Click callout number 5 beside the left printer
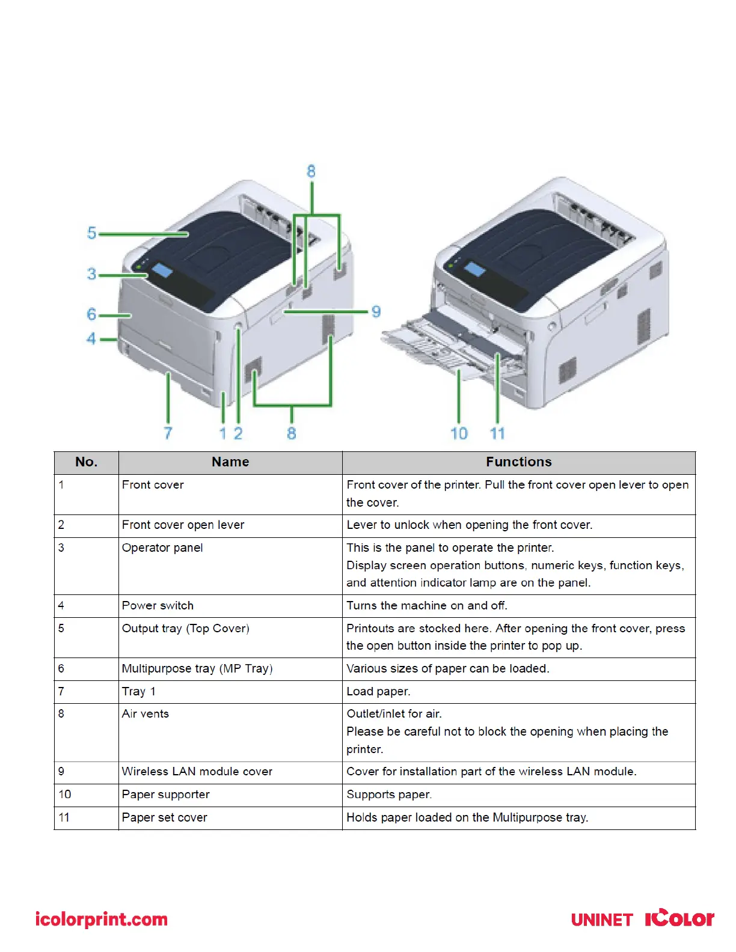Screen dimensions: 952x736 click(x=91, y=233)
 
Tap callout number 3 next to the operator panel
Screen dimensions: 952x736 click(x=91, y=274)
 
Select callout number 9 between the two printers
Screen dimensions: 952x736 click(x=376, y=311)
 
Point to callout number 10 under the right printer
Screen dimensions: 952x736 click(x=459, y=433)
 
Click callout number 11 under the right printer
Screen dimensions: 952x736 click(x=497, y=433)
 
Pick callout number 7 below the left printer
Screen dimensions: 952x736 click(x=168, y=433)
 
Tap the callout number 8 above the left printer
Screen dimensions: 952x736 click(x=311, y=171)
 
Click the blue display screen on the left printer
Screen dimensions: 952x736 click(x=162, y=270)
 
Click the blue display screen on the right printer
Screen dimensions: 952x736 click(x=474, y=269)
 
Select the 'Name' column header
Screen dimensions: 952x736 click(x=230, y=462)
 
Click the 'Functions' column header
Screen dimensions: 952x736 click(x=518, y=462)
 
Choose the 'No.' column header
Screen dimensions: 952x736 click(x=87, y=462)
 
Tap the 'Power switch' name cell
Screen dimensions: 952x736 click(x=158, y=606)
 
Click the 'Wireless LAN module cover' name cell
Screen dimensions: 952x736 click(x=197, y=772)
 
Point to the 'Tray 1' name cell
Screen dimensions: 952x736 click(x=139, y=692)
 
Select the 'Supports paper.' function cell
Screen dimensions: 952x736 click(x=389, y=795)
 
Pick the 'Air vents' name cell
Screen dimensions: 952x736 click(x=146, y=714)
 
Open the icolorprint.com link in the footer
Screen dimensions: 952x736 click(x=102, y=920)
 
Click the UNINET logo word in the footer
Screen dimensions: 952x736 click(x=602, y=920)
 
